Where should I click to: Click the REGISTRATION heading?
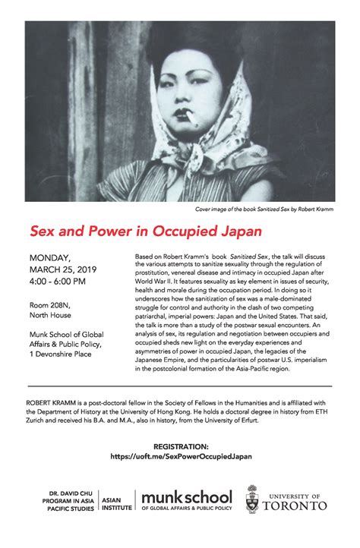click(x=180, y=447)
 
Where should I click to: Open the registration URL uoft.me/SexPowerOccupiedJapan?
click(x=180, y=457)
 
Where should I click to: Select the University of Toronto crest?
click(x=253, y=500)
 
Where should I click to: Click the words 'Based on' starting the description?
click(x=147, y=258)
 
